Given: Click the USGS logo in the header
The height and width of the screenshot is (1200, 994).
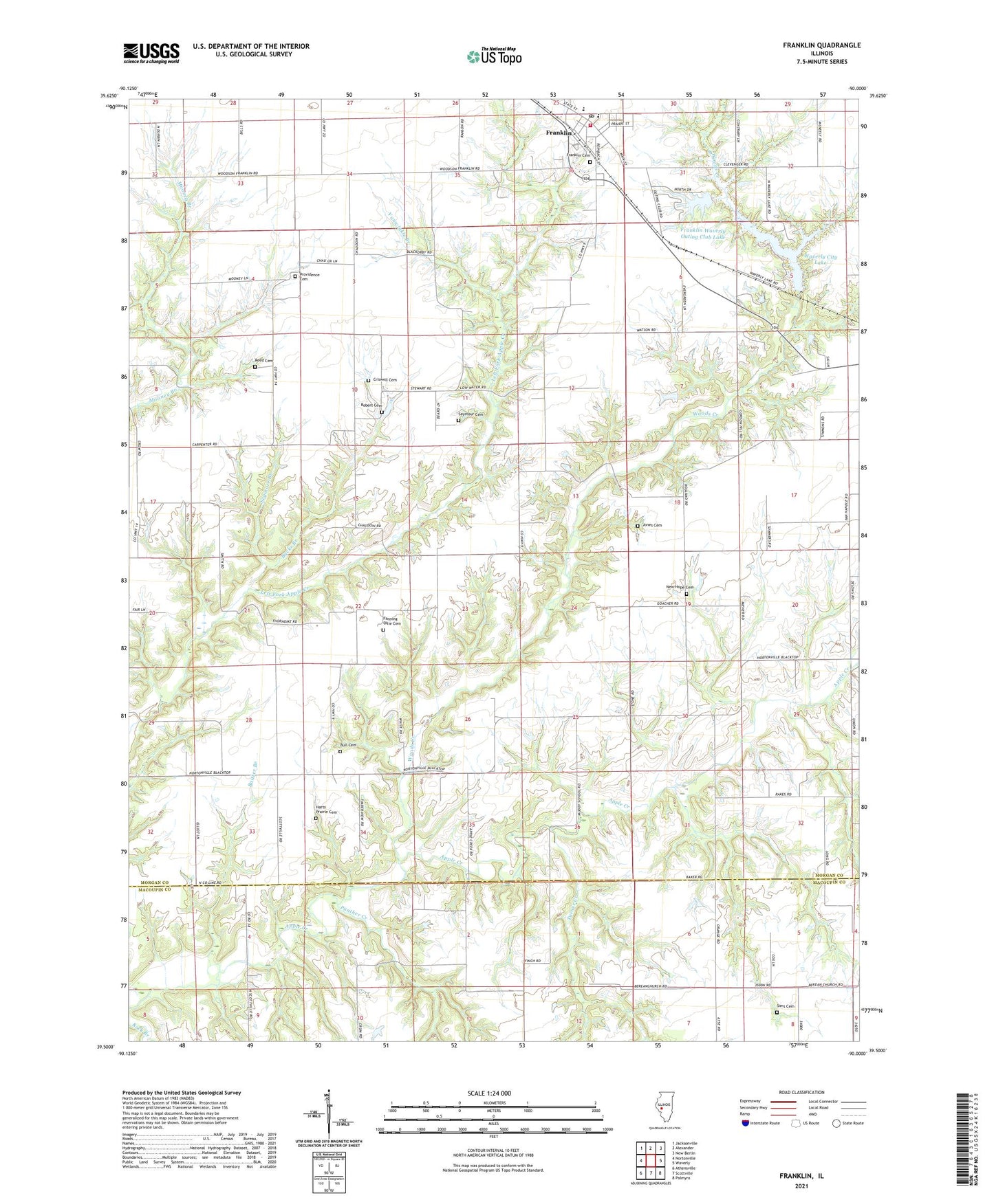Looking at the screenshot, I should (151, 52).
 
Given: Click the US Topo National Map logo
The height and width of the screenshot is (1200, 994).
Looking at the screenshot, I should (493, 56).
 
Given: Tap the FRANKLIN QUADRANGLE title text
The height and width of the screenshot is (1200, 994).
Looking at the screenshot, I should (821, 45).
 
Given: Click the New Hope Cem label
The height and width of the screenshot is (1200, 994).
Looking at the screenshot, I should (679, 588).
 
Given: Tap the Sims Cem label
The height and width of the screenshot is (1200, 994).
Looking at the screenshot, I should (785, 1007).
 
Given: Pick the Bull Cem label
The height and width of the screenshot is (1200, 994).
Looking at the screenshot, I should (348, 745).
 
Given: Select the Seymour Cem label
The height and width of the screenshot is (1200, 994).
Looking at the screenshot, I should (471, 414).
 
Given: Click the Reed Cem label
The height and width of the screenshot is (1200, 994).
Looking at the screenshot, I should (263, 361).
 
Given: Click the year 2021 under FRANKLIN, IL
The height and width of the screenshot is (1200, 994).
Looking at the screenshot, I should (801, 1186).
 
